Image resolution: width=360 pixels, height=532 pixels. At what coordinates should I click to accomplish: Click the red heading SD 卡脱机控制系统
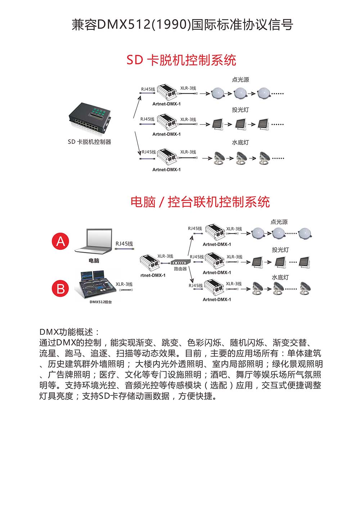coord(181,60)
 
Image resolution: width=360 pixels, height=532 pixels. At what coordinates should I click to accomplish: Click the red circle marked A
coord(60,241)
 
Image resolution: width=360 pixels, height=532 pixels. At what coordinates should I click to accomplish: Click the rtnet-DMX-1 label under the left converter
coord(153,275)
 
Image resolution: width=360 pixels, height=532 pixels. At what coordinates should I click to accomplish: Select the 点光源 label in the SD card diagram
coord(240,80)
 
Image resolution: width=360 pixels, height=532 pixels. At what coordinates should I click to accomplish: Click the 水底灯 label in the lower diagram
coord(280,278)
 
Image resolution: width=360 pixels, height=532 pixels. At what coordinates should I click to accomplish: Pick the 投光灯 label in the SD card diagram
coord(240,110)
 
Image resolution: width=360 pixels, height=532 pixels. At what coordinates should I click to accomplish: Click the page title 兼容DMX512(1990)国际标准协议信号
coord(182,25)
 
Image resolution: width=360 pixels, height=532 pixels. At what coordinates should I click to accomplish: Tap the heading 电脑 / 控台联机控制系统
coord(200,202)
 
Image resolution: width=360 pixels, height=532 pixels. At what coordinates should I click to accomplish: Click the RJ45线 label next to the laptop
coord(124,244)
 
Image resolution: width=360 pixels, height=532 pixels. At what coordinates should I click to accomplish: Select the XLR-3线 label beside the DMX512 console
coord(124,284)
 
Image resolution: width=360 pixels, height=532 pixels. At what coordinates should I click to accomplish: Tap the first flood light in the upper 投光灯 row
coord(217,124)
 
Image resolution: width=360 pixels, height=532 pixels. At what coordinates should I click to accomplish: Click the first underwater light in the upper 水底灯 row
coord(219,158)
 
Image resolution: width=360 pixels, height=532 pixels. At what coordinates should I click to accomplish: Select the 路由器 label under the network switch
coord(180,269)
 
